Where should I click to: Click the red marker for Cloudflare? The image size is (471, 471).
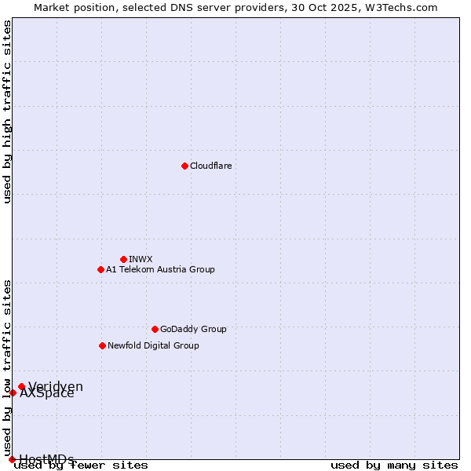point(184,166)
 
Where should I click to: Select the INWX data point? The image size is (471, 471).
point(123,259)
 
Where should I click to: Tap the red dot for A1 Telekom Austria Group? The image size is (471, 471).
point(100,269)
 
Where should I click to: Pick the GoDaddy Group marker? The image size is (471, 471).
point(155,329)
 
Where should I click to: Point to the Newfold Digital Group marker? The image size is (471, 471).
point(102,345)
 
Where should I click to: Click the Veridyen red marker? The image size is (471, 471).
point(21,386)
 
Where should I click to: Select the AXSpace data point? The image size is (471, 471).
point(13,392)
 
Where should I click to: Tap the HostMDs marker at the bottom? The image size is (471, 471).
point(12,459)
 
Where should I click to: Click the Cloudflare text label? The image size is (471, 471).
point(210,166)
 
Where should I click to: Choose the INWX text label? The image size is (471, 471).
point(141,259)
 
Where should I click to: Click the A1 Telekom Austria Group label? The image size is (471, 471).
point(160,269)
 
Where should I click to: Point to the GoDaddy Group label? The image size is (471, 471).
point(193,329)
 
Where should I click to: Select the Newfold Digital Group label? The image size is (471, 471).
point(153,345)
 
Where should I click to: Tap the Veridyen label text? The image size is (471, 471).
point(56,386)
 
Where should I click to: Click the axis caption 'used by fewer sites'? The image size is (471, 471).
point(82,466)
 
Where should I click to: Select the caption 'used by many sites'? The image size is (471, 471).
point(394,466)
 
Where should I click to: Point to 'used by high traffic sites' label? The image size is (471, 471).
point(7,111)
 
